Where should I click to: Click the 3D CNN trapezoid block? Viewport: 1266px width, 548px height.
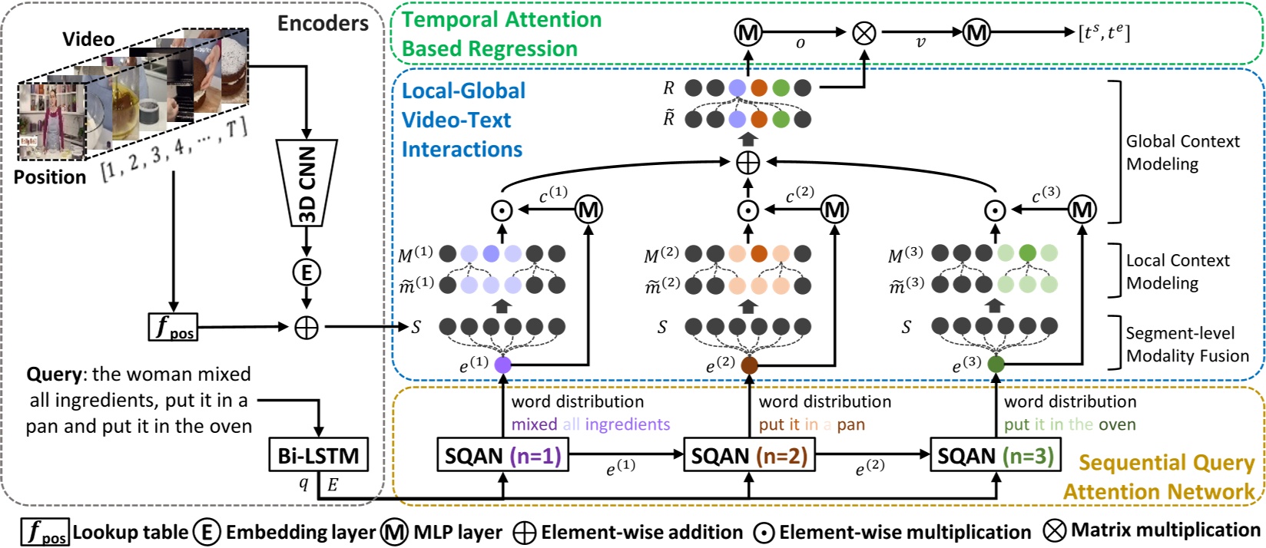[307, 183]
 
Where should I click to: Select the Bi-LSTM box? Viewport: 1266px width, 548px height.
[318, 455]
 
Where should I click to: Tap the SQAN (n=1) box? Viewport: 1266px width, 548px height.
[503, 456]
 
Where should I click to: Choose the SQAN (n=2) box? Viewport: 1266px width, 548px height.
[749, 456]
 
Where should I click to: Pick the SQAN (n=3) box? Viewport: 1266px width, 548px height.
[996, 456]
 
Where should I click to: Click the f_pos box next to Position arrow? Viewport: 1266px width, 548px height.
[173, 327]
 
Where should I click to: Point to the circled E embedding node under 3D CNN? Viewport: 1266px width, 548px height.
[307, 272]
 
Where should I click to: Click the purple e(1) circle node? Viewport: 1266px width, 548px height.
[503, 365]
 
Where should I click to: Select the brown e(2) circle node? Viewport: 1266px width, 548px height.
[749, 365]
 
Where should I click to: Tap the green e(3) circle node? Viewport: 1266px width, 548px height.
[996, 364]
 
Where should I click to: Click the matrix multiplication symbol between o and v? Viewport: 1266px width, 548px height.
[865, 32]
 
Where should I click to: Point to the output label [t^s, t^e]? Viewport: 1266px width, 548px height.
[1104, 32]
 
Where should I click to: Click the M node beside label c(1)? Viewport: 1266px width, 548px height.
[589, 209]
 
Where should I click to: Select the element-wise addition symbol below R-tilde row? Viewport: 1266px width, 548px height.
[747, 162]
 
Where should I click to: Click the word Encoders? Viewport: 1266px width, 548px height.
[323, 24]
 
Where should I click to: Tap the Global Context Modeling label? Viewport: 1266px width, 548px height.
[1182, 152]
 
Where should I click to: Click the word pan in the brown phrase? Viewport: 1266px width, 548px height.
[850, 424]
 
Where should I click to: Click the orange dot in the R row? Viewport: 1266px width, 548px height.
[759, 88]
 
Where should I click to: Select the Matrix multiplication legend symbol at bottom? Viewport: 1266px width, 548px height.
[1055, 530]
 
